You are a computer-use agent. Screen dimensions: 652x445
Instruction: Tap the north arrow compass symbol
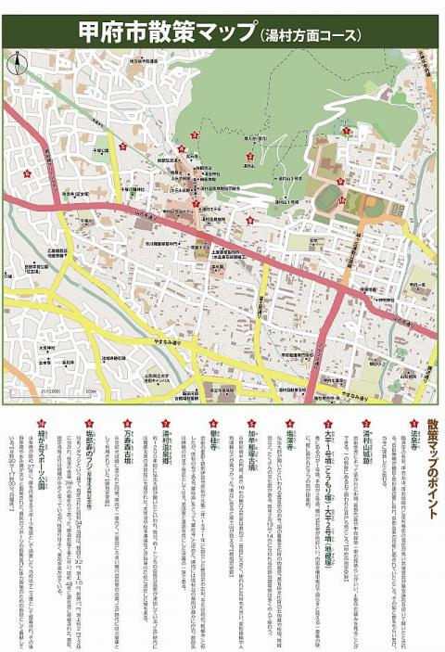coord(15,64)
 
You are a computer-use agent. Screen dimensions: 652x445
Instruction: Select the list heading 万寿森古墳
coord(127,449)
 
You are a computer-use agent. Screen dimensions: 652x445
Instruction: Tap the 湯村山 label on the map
coord(249,169)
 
